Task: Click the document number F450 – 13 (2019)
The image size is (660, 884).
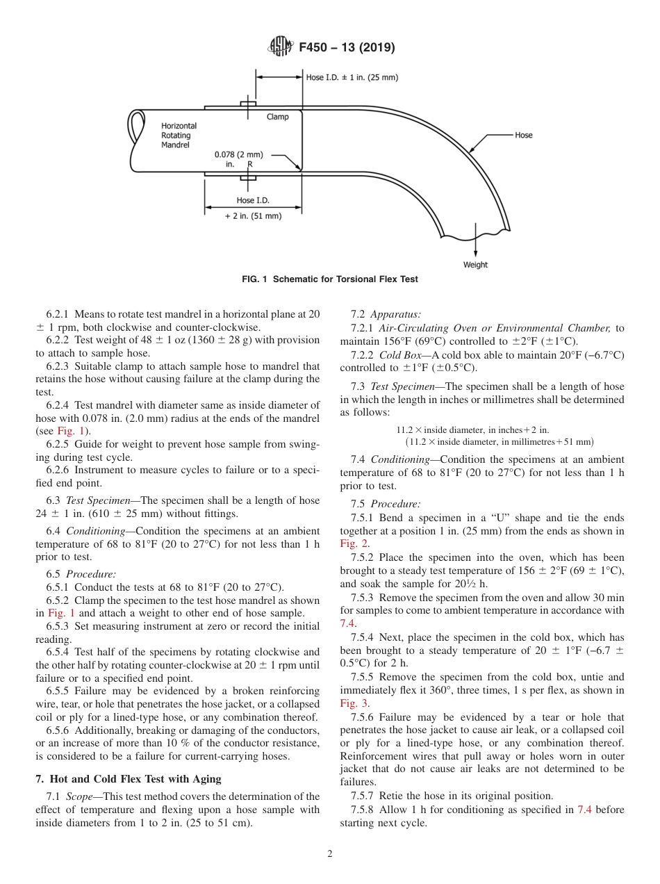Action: coord(347,48)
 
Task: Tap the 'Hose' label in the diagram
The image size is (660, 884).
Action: coord(523,135)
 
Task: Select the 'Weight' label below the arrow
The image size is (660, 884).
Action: coord(475,265)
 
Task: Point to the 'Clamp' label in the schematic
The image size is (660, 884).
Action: coord(277,117)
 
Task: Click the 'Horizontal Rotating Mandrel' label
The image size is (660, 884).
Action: coord(179,136)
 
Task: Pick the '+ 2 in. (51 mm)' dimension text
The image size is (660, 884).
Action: coord(253,216)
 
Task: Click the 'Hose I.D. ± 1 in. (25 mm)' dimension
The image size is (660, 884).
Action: coord(352,77)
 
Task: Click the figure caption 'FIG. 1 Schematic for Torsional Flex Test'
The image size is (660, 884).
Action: coord(330,279)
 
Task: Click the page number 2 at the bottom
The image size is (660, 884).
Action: coord(330,854)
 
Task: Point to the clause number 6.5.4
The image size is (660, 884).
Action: coord(60,652)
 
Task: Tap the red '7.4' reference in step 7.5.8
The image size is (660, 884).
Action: coord(584,809)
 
